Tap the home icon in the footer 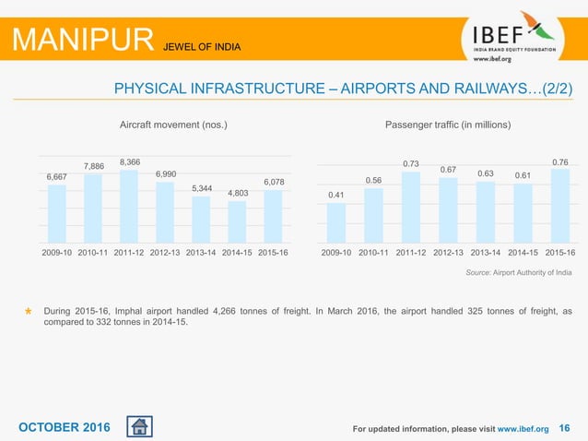(138, 426)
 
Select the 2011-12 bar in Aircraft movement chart (128, 208)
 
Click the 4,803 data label (237, 193)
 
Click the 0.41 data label (336, 195)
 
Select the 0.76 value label (559, 161)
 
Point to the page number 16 (565, 427)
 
